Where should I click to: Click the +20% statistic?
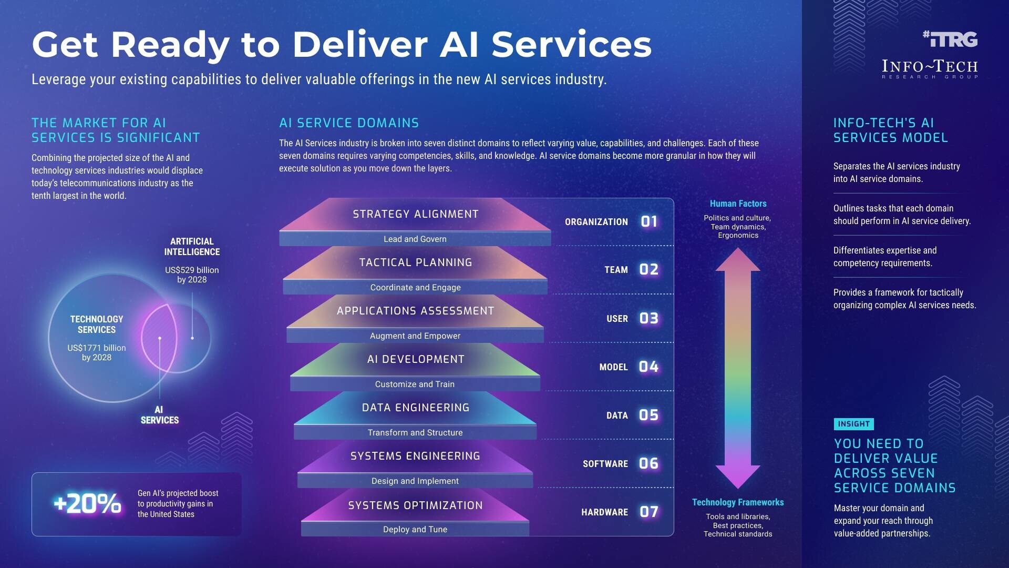click(87, 504)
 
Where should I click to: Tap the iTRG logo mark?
click(950, 39)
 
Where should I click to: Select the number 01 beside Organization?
click(649, 221)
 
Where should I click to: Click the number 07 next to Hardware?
click(648, 512)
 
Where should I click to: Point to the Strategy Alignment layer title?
click(415, 214)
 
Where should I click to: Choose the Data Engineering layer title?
click(415, 408)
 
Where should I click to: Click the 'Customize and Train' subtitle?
click(415, 384)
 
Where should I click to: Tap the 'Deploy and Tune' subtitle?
click(415, 529)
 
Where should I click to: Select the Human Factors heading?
click(738, 204)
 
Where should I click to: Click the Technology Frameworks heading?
click(737, 502)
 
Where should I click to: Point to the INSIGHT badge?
click(853, 424)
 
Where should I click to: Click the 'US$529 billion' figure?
click(192, 270)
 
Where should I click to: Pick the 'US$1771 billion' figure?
click(97, 348)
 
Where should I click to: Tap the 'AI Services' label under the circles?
click(159, 415)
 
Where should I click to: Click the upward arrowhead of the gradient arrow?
click(738, 259)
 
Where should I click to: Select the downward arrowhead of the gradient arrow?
click(738, 476)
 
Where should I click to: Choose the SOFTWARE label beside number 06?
click(605, 464)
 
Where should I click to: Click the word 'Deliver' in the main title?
click(359, 44)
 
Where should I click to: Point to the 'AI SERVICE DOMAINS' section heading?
click(349, 123)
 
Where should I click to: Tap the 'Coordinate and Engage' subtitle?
click(415, 287)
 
